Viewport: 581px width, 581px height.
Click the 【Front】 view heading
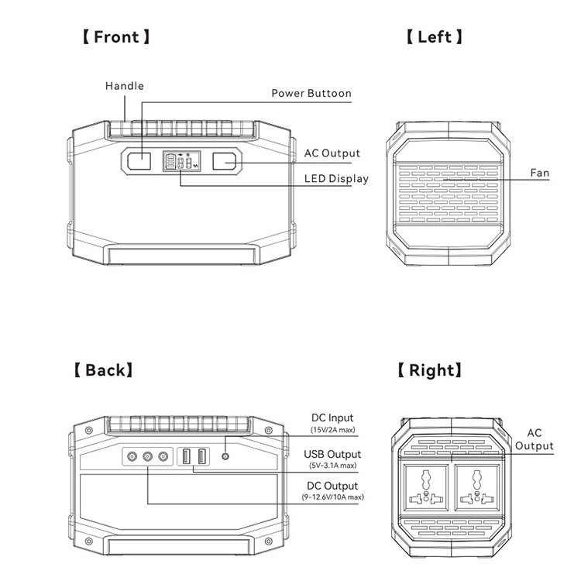tap(116, 36)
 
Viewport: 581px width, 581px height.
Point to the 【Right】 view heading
tap(429, 370)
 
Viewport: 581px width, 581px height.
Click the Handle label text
tap(125, 86)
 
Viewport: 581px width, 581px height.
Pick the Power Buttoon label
tap(311, 94)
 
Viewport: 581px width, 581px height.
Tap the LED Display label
tap(336, 179)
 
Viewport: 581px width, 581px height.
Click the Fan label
tap(539, 173)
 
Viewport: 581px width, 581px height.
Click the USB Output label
tap(332, 454)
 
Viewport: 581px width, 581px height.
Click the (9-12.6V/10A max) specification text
tap(332, 497)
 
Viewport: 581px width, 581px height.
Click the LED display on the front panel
tap(180, 162)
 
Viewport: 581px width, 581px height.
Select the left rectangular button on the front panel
tap(141, 162)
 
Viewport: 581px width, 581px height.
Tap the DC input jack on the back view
tap(225, 457)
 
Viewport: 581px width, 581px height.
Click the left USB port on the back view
tap(188, 457)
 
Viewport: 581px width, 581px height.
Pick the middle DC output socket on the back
tap(147, 457)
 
